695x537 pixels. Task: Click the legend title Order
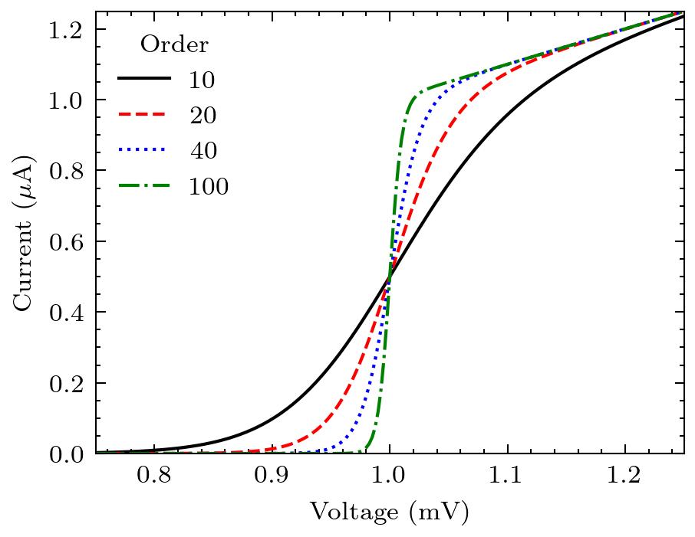[174, 45]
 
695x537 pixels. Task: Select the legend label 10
[203, 80]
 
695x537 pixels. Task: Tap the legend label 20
[203, 116]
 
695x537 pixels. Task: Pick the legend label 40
[203, 151]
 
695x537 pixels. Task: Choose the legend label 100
[209, 186]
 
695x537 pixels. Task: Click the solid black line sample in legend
[143, 79]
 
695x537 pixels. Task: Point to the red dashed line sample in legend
[143, 115]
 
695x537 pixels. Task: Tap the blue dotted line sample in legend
[143, 150]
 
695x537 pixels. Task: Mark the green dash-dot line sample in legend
[143, 185]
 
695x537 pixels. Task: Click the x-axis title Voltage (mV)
[389, 512]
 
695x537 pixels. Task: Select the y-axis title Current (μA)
[24, 233]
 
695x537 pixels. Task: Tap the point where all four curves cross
[390, 277]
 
